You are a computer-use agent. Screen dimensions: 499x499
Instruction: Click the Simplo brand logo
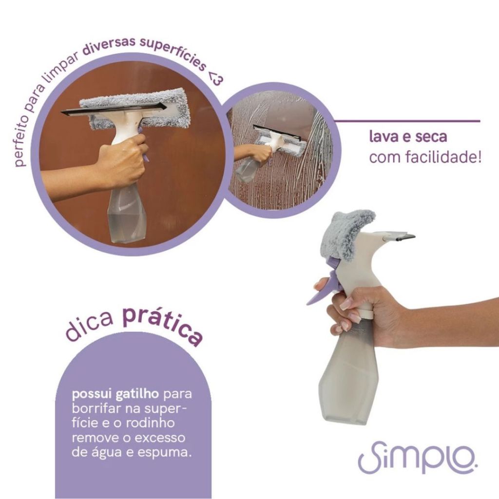(x=418, y=457)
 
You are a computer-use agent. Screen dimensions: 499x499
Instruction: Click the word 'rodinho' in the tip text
(x=151, y=423)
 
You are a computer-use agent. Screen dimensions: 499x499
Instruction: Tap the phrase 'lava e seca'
(x=408, y=136)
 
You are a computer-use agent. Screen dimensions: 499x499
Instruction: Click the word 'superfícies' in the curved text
(x=173, y=53)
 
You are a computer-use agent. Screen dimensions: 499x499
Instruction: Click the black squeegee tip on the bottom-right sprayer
(x=402, y=236)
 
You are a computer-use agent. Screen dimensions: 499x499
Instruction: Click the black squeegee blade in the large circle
(x=114, y=108)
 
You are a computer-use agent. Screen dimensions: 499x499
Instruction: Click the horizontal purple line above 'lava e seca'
(x=406, y=121)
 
